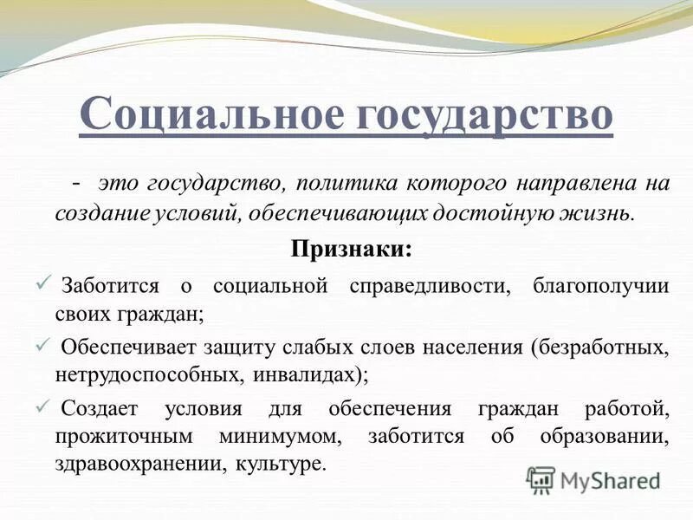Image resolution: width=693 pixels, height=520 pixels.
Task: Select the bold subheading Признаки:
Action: [x=351, y=248]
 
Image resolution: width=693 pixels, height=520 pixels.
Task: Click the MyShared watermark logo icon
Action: [x=541, y=479]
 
